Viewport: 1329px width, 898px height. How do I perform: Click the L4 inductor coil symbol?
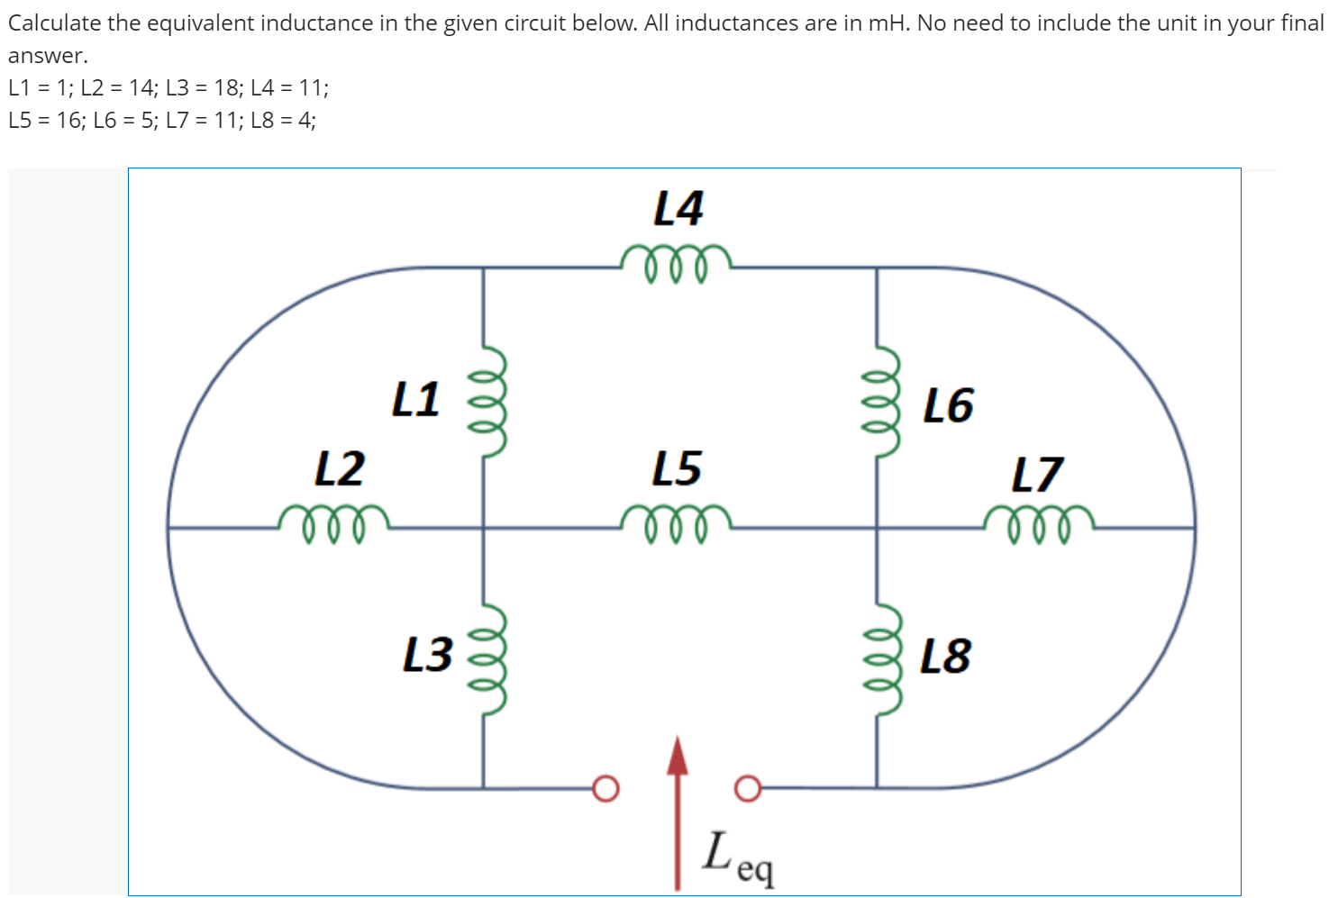tap(676, 262)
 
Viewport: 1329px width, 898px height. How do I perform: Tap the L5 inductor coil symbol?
tap(676, 523)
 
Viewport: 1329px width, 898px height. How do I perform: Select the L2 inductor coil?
tap(333, 523)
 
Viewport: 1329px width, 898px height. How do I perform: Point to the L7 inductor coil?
tap(1039, 523)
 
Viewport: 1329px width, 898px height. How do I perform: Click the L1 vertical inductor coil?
tap(487, 403)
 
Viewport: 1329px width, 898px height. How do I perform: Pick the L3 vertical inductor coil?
tap(487, 658)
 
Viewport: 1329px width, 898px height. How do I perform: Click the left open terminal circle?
tap(606, 788)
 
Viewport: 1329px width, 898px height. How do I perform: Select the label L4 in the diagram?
tap(678, 209)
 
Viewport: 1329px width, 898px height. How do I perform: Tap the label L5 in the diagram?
tap(677, 468)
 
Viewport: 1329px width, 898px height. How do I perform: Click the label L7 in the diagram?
tap(1037, 475)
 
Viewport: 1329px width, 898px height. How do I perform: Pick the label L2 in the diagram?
tap(340, 468)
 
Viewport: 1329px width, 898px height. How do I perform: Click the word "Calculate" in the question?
tap(54, 23)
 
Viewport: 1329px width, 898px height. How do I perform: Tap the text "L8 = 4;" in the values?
tap(283, 121)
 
